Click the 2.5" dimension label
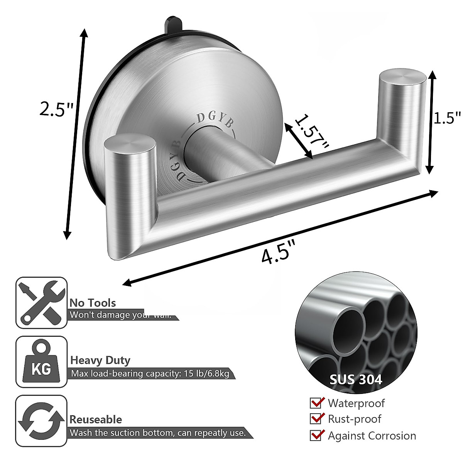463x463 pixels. [x=56, y=109]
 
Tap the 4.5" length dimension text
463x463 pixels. [x=278, y=252]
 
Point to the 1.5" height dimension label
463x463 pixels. [x=447, y=118]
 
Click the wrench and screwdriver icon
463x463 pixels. [x=41, y=302]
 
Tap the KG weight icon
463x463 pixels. [x=41, y=362]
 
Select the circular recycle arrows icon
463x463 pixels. [x=41, y=421]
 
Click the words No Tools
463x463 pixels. [x=93, y=303]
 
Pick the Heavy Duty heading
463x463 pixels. [x=100, y=360]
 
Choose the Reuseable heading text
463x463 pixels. [x=96, y=419]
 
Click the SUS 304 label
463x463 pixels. [x=356, y=379]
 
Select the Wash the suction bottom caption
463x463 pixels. [x=157, y=433]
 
